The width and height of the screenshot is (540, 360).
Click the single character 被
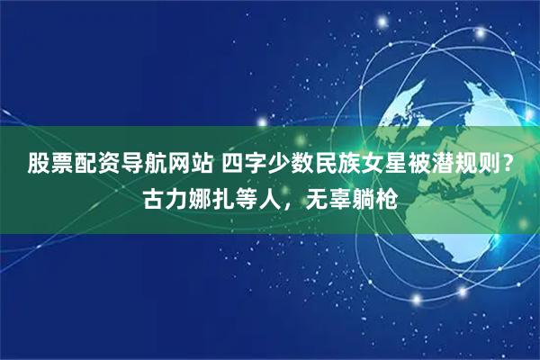(x=410, y=164)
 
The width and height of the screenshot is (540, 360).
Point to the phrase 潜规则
(x=455, y=164)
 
